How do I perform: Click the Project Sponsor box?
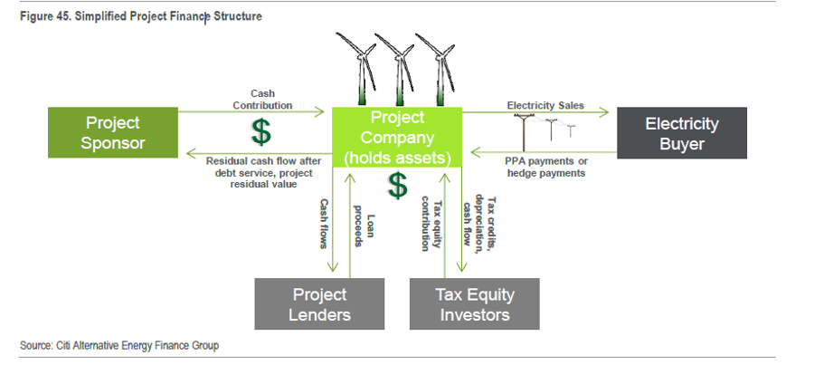(x=113, y=132)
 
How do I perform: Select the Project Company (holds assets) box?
(x=397, y=138)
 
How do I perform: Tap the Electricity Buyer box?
(x=682, y=133)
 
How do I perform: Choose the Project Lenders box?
(x=319, y=303)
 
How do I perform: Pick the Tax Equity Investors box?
(x=475, y=303)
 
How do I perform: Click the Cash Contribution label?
(x=262, y=100)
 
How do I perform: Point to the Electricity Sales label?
(x=545, y=105)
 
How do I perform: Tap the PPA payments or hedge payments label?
(x=546, y=167)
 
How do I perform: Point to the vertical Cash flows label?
(x=324, y=224)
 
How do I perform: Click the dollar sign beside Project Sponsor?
(x=260, y=132)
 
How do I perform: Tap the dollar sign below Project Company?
(x=397, y=186)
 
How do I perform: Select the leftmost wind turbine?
(x=358, y=68)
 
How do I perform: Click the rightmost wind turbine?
(x=438, y=69)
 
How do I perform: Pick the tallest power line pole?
(x=525, y=132)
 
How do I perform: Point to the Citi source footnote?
(x=119, y=345)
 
